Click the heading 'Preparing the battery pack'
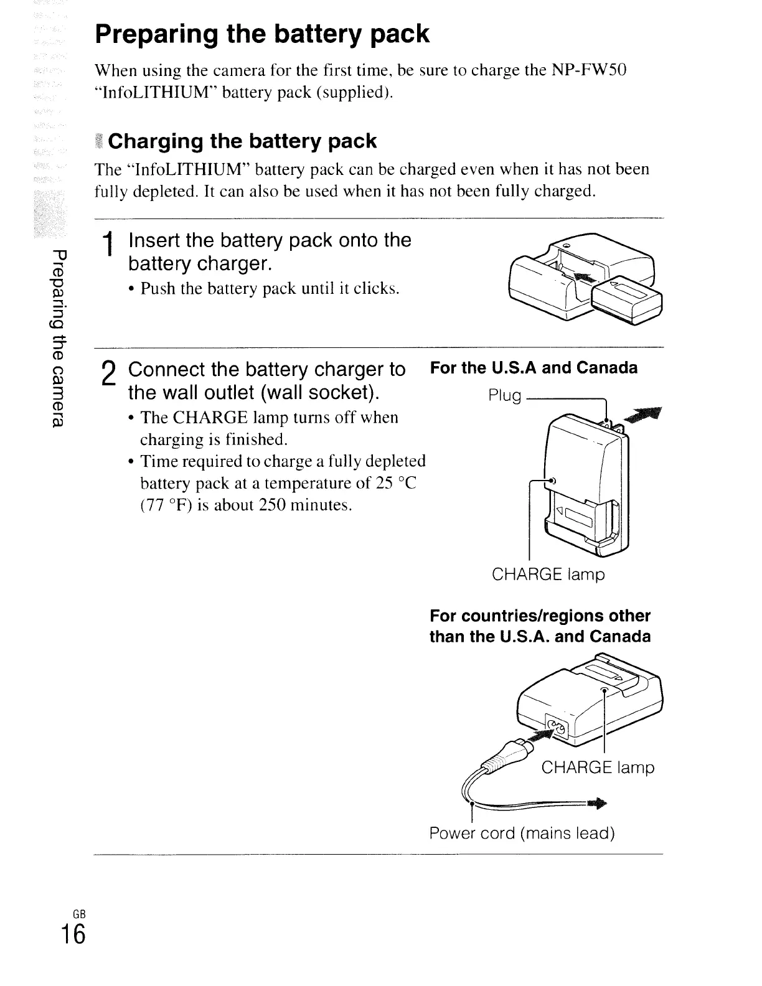coord(262,34)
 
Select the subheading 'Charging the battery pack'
coord(242,141)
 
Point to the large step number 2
coord(109,374)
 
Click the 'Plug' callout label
coord(505,395)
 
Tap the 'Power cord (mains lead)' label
coord(522,833)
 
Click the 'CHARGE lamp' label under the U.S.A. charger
coord(548,574)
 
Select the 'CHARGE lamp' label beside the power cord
coord(598,768)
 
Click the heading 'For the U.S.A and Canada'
coord(534,368)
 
